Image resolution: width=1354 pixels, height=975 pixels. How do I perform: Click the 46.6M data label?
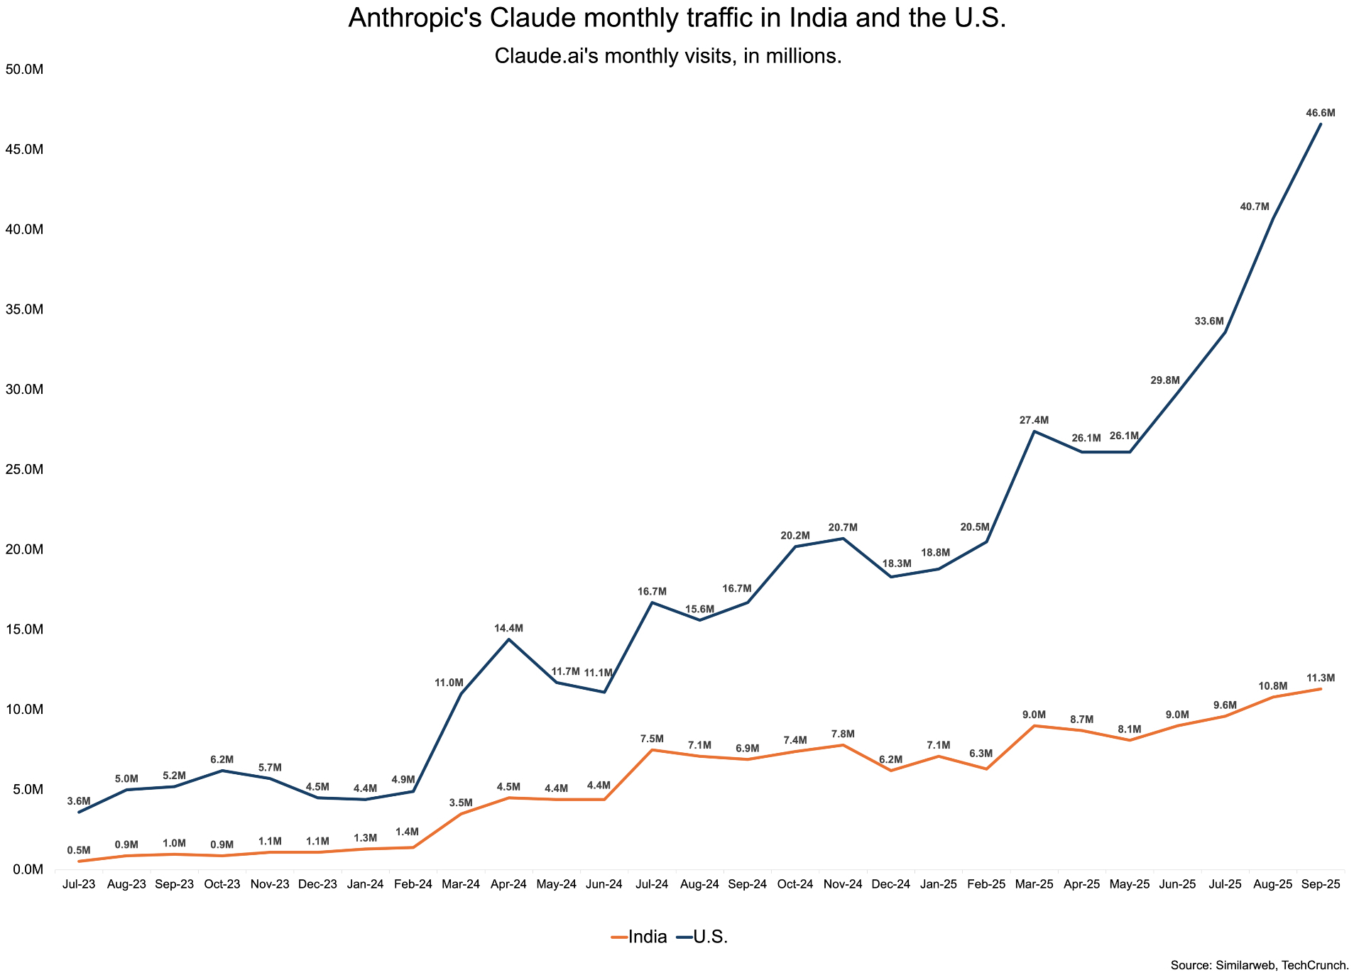(1320, 113)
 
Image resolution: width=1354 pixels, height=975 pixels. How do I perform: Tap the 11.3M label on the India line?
(1320, 678)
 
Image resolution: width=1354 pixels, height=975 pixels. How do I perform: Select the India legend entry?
(639, 937)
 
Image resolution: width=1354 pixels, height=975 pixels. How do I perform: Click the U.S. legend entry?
(703, 937)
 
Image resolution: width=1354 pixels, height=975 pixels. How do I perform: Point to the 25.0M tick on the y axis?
(24, 470)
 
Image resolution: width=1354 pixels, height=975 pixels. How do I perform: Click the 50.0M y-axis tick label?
(24, 70)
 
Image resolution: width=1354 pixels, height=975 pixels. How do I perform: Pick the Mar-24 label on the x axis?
(461, 884)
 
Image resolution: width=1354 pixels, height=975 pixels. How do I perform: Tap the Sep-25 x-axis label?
(1320, 884)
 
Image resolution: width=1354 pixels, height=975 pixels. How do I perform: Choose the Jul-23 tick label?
(79, 884)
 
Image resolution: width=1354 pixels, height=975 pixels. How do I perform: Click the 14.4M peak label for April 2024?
(508, 628)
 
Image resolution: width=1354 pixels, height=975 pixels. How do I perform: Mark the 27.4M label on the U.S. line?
(1034, 420)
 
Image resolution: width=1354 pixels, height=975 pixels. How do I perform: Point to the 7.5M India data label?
(652, 739)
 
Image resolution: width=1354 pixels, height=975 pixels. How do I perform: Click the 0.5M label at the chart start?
(79, 850)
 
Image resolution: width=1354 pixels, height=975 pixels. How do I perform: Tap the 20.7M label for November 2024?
(843, 527)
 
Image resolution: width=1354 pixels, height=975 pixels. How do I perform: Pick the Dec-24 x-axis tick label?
(890, 884)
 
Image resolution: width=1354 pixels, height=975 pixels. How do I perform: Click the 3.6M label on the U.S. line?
(79, 801)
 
